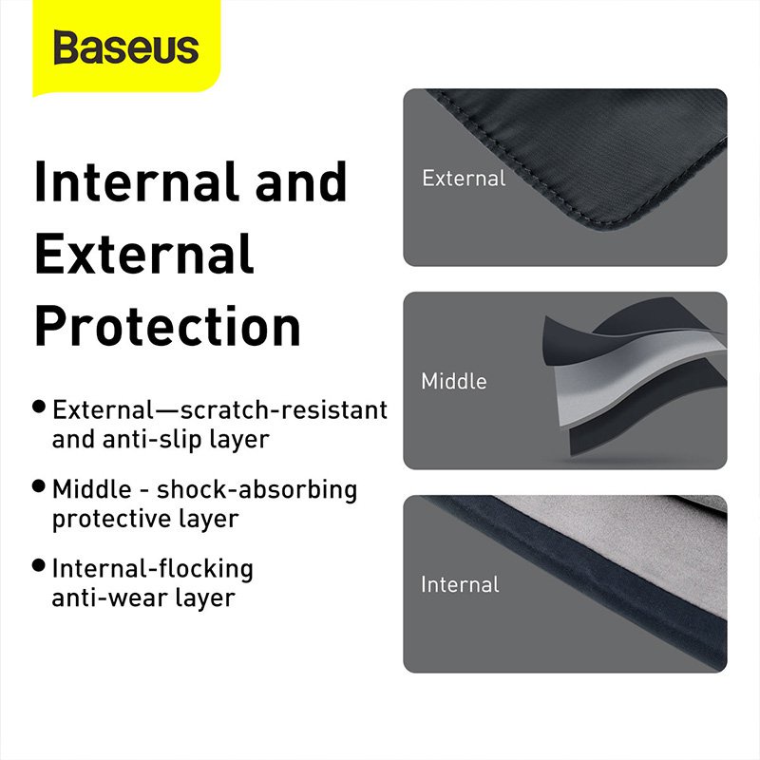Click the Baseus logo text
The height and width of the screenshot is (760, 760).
125,47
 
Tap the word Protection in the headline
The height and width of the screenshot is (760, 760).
167,326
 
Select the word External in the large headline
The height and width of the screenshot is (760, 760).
143,254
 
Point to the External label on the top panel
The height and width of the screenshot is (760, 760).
464,178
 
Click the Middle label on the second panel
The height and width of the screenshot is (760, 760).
454,381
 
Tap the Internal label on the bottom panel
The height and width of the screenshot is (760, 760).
460,583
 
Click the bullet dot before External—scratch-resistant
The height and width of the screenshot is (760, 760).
39,407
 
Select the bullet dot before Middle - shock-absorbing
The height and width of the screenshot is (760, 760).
39,485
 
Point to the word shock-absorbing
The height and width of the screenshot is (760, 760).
256,490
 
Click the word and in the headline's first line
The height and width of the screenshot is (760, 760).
299,183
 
